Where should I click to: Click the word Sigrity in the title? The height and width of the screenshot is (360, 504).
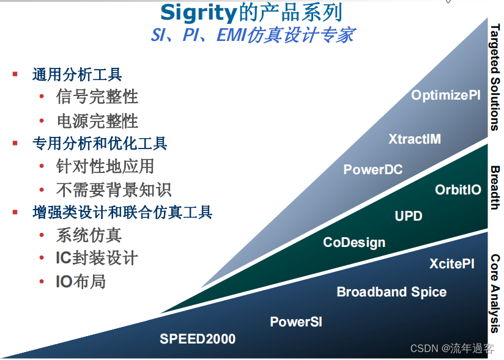[x=198, y=12]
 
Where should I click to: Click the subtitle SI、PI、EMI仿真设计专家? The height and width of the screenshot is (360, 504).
[x=252, y=35]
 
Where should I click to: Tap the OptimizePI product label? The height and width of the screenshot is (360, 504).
[x=445, y=95]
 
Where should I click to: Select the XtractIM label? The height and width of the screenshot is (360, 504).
[x=414, y=139]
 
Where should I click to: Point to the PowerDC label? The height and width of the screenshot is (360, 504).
[x=372, y=169]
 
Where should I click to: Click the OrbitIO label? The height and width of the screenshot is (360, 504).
[x=458, y=189]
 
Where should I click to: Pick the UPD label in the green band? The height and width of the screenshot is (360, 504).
[x=408, y=216]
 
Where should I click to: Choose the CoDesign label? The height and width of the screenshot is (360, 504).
[x=354, y=242]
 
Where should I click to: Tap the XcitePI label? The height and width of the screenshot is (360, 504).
[x=451, y=263]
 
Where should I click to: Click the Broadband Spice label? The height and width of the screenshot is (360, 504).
[x=391, y=292]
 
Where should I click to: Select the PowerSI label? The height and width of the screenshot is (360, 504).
[x=296, y=321]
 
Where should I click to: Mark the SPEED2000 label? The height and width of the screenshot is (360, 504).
[x=198, y=339]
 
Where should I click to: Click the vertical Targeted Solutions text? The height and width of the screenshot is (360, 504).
[x=495, y=77]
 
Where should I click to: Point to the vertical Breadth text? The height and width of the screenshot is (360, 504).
[x=495, y=187]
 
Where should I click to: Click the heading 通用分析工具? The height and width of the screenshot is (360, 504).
[x=77, y=75]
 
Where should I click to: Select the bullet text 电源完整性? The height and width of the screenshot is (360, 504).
[x=97, y=120]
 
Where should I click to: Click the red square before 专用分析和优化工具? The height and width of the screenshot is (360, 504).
[x=15, y=143]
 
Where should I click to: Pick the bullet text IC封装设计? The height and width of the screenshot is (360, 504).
[x=97, y=258]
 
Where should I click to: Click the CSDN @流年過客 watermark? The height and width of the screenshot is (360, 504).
[x=452, y=348]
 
